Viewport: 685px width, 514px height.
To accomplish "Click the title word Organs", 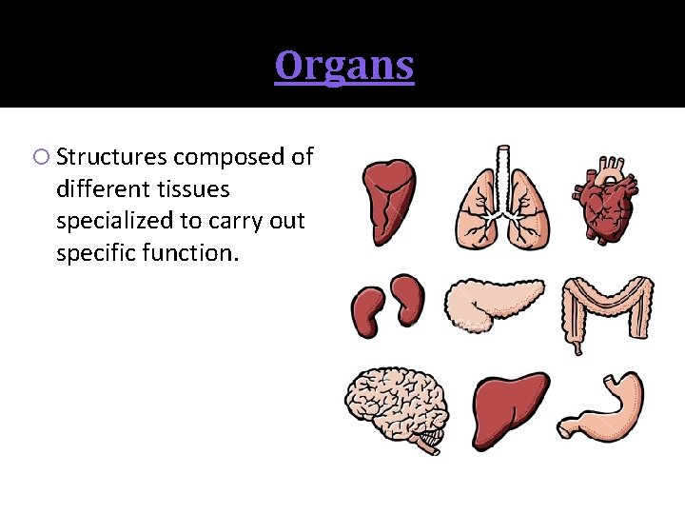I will (x=344, y=66).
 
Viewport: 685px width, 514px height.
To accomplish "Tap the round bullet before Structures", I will (x=45, y=157).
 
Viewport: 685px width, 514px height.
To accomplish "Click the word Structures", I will (x=112, y=157).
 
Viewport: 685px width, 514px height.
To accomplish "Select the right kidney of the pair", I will (x=410, y=299).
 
